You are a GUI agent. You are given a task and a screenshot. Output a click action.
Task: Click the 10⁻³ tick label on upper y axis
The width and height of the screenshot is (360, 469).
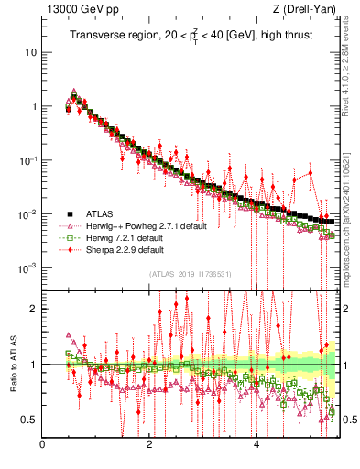point(27,268)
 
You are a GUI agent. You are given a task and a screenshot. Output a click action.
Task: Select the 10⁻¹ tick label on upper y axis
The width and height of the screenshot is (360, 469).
point(27,160)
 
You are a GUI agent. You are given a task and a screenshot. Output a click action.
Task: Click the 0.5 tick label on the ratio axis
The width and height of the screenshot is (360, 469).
point(27,420)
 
